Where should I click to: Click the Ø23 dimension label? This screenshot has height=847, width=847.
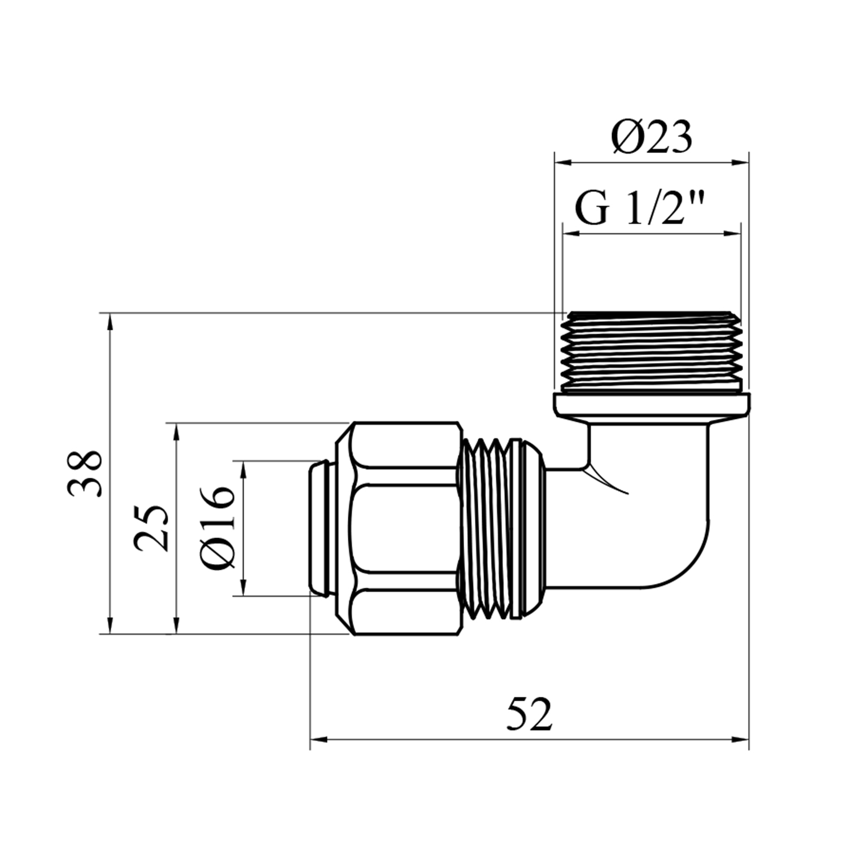tap(650, 137)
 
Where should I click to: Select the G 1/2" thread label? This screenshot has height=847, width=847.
tap(642, 208)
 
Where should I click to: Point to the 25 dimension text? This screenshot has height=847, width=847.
tap(151, 527)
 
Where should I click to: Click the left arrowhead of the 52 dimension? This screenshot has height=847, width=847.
tap(320, 739)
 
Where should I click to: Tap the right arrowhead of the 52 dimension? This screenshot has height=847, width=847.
tap(740, 739)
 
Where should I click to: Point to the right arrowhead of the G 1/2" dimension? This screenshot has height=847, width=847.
tap(731, 233)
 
